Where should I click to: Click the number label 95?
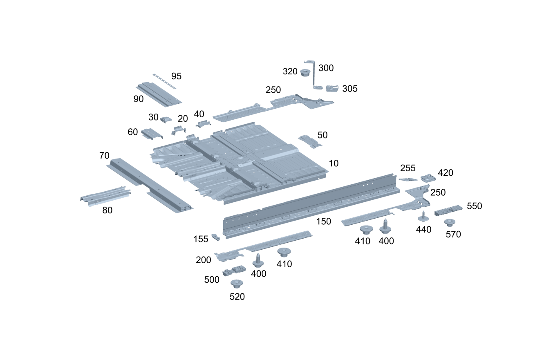click(x=176, y=76)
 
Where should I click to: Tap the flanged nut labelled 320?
click(x=305, y=73)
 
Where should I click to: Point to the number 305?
click(x=349, y=89)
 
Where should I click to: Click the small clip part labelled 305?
click(x=332, y=88)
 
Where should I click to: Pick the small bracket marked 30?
click(x=166, y=119)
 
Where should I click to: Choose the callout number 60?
click(x=133, y=132)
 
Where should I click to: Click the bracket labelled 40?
click(x=203, y=124)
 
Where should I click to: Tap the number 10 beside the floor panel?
click(x=334, y=163)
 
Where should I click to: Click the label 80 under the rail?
click(x=107, y=210)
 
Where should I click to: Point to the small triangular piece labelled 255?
click(x=408, y=179)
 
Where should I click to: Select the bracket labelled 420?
click(x=428, y=177)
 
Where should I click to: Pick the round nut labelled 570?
click(x=450, y=223)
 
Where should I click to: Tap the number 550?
click(x=475, y=206)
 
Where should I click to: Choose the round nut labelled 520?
click(x=237, y=283)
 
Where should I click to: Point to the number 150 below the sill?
click(x=323, y=221)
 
